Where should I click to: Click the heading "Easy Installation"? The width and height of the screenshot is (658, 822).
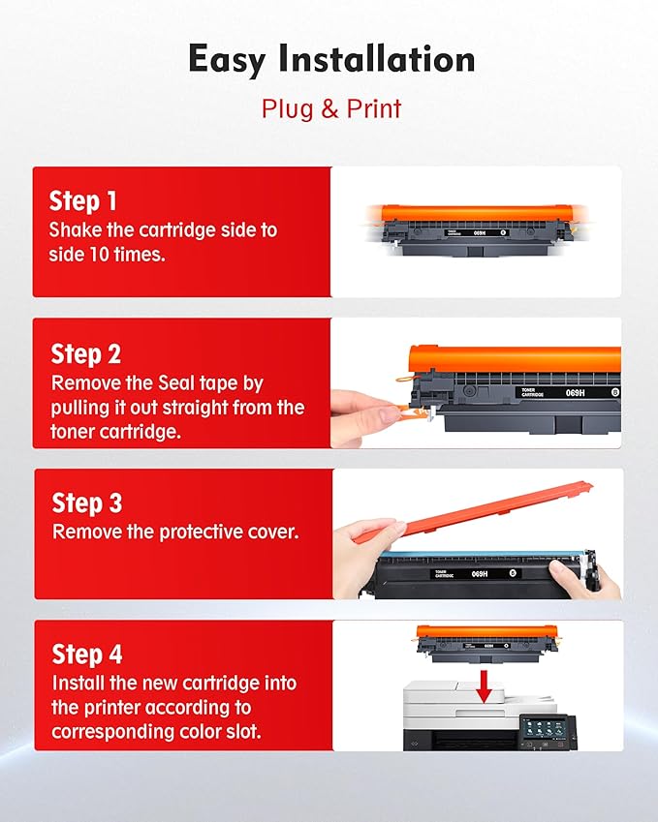(x=331, y=60)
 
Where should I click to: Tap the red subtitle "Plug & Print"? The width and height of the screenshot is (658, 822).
(x=331, y=107)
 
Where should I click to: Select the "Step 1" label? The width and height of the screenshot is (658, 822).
(x=82, y=201)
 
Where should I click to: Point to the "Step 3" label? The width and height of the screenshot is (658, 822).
(x=86, y=503)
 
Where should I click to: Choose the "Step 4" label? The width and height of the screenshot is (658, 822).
(x=86, y=654)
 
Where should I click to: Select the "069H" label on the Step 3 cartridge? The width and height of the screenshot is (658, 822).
(x=480, y=574)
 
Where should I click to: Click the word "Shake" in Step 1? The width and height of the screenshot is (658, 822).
(x=76, y=230)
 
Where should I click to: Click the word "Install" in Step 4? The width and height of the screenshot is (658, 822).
(x=78, y=684)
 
